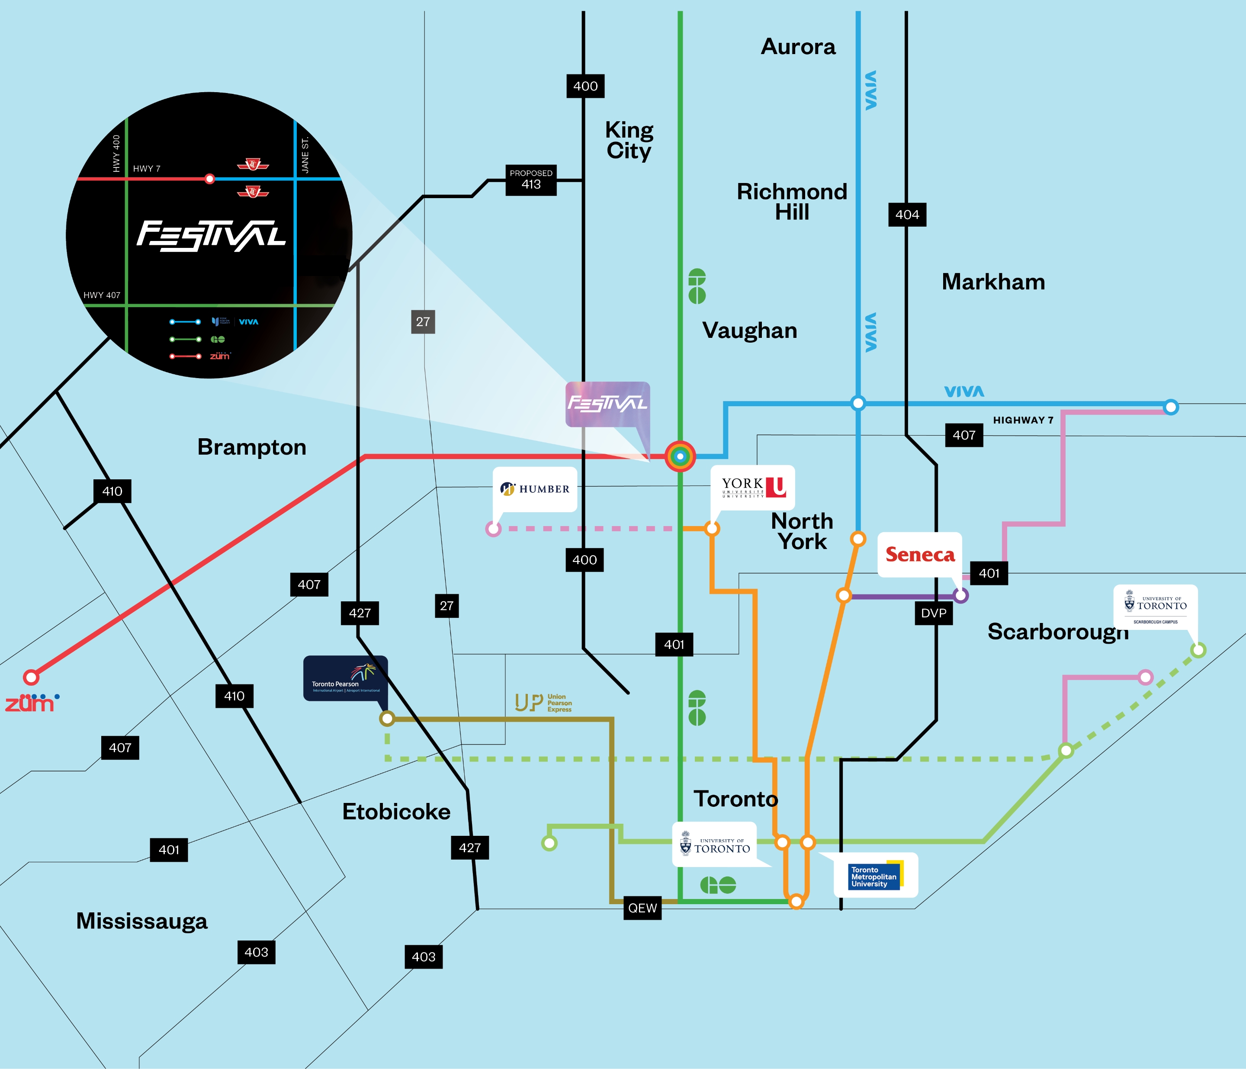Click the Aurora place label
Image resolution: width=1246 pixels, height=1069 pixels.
click(x=798, y=47)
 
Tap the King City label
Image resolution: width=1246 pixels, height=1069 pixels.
click(x=629, y=140)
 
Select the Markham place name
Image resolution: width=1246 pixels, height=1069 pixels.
click(x=993, y=282)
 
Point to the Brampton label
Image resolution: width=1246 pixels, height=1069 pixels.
click(x=251, y=447)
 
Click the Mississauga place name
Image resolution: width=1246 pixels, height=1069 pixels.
click(x=142, y=921)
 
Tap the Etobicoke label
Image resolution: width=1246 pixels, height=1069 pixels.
click(x=396, y=812)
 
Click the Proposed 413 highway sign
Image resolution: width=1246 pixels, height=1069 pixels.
click(x=531, y=180)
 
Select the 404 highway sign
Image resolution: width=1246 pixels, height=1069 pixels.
click(x=907, y=215)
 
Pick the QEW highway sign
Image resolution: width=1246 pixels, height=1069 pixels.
click(x=642, y=908)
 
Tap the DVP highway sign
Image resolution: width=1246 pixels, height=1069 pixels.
click(x=933, y=613)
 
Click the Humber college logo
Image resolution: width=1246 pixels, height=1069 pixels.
click(x=535, y=489)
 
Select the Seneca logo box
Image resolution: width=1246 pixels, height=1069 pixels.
click(x=919, y=554)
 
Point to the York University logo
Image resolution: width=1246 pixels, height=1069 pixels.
click(x=753, y=488)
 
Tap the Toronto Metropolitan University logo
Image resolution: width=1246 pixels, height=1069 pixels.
click(x=876, y=875)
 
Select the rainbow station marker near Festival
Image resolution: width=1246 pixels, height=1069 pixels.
click(x=680, y=456)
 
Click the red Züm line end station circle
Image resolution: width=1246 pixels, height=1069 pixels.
click(x=31, y=677)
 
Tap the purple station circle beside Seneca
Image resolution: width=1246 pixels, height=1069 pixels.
click(x=960, y=595)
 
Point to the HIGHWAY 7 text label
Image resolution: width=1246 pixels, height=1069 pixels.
click(x=1023, y=420)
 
